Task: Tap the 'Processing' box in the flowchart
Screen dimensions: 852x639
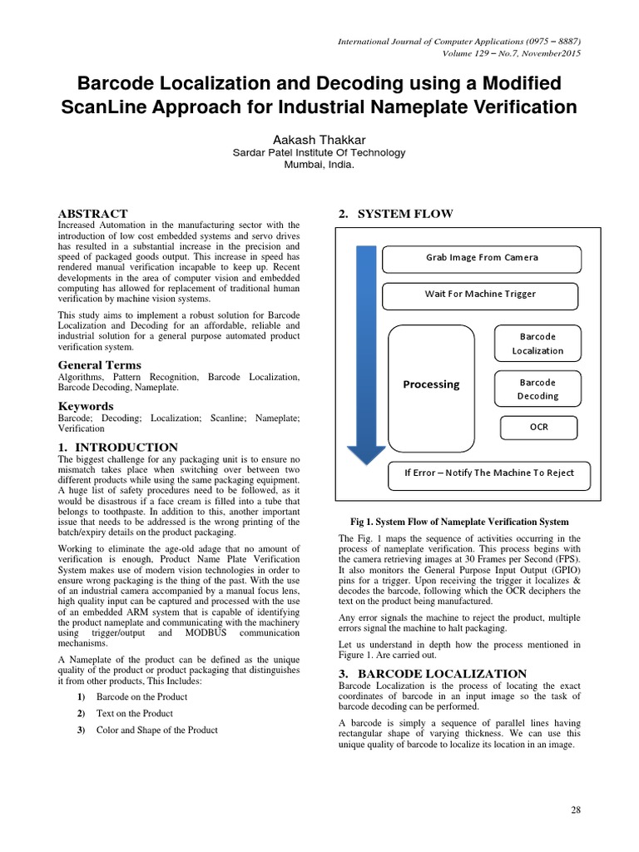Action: tap(430, 384)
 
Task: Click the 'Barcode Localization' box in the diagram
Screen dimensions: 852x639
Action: tap(537, 343)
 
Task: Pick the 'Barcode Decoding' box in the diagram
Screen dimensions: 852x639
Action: tap(537, 389)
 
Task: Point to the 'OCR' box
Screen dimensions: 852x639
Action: tap(538, 428)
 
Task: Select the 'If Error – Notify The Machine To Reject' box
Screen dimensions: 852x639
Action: tap(488, 473)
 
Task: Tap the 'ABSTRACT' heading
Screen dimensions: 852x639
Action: tap(92, 214)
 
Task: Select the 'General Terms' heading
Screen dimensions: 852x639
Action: tap(99, 364)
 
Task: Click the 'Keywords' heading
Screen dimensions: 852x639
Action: tap(86, 406)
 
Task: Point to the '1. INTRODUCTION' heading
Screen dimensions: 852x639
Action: tap(117, 447)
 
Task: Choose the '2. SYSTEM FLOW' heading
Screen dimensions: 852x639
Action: tap(395, 214)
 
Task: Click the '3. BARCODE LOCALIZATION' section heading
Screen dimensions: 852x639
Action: tap(432, 673)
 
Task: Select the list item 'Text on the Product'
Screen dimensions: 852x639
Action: tap(135, 713)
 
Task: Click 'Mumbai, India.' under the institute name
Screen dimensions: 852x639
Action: tap(319, 165)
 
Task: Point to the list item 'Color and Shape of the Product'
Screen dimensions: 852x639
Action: tap(157, 730)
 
